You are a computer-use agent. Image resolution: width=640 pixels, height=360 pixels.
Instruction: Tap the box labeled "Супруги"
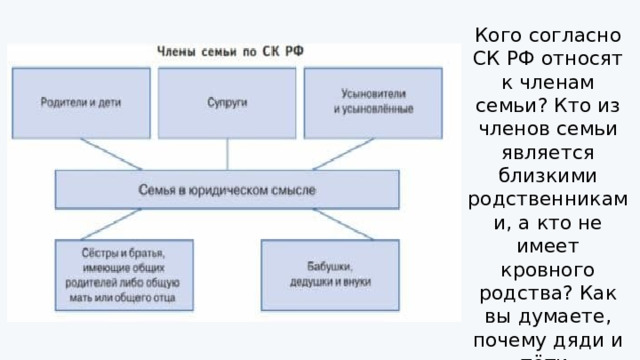point(228,101)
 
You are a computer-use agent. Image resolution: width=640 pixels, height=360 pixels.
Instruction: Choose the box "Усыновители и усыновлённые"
point(372,101)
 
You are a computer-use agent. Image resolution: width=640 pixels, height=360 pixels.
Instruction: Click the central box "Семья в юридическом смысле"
point(228,189)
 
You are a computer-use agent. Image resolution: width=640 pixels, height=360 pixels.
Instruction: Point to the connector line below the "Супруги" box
point(228,153)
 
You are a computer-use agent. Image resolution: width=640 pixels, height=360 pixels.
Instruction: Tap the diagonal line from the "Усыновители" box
point(341,153)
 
